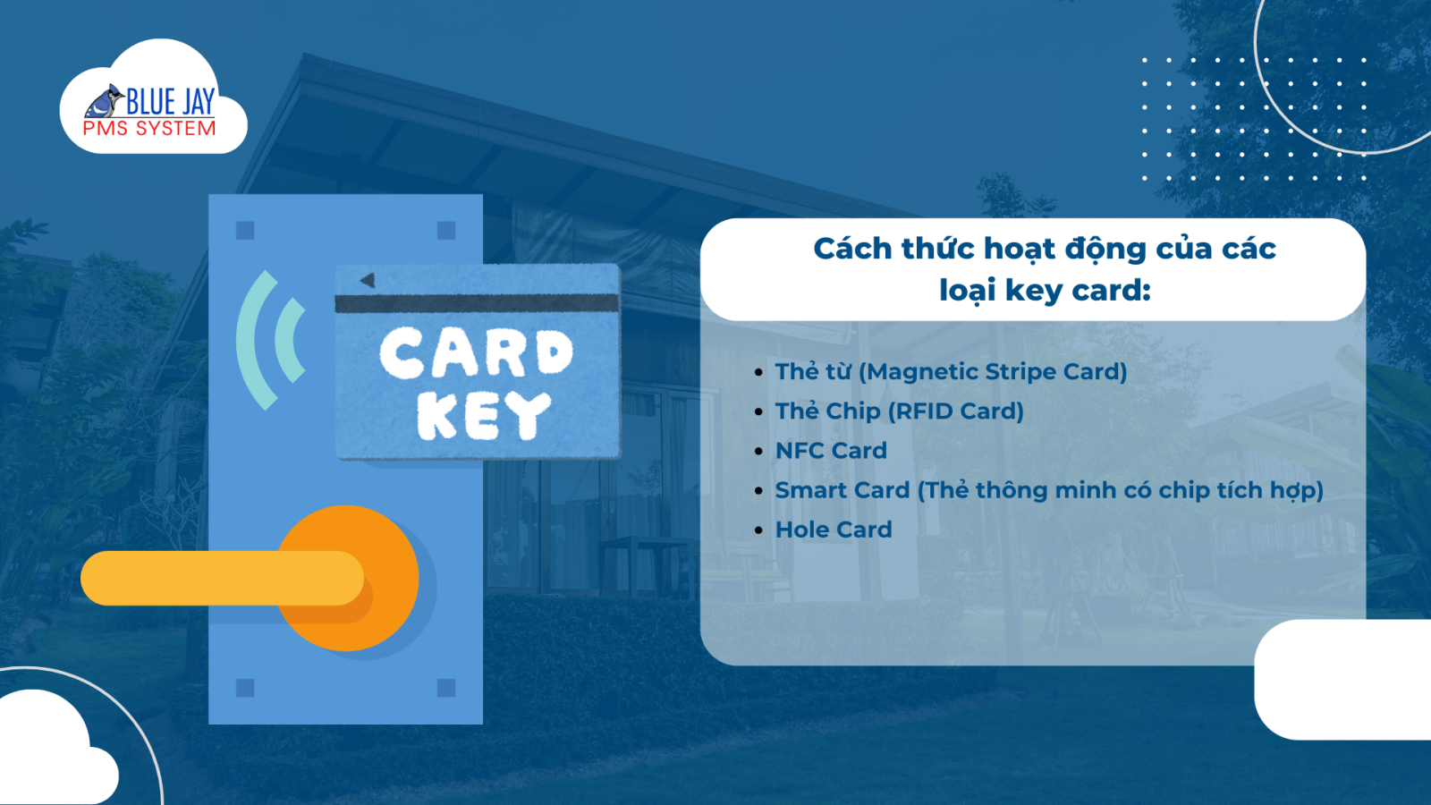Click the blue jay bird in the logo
click(x=105, y=101)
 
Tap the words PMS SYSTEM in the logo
click(x=149, y=129)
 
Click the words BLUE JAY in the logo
click(x=171, y=101)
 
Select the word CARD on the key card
click(x=477, y=352)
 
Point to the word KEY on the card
click(x=484, y=416)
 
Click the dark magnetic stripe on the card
click(x=478, y=303)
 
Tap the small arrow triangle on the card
click(x=368, y=280)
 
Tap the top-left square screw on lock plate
click(x=245, y=230)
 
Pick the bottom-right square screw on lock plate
click(x=446, y=688)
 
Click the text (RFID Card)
click(x=956, y=411)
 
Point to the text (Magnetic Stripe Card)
click(x=993, y=371)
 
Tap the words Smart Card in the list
click(x=842, y=490)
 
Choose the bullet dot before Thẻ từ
click(x=758, y=372)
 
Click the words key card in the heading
click(x=1077, y=291)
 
